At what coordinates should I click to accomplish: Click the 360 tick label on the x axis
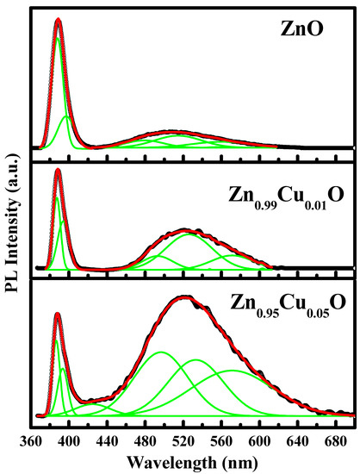[31, 441]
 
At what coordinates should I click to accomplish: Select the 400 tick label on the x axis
[69, 441]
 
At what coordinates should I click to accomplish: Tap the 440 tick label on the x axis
[107, 441]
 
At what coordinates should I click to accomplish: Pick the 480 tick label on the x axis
[146, 441]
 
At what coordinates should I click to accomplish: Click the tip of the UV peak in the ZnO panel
[58, 20]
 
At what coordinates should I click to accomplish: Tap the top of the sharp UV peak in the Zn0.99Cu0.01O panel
[58, 171]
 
